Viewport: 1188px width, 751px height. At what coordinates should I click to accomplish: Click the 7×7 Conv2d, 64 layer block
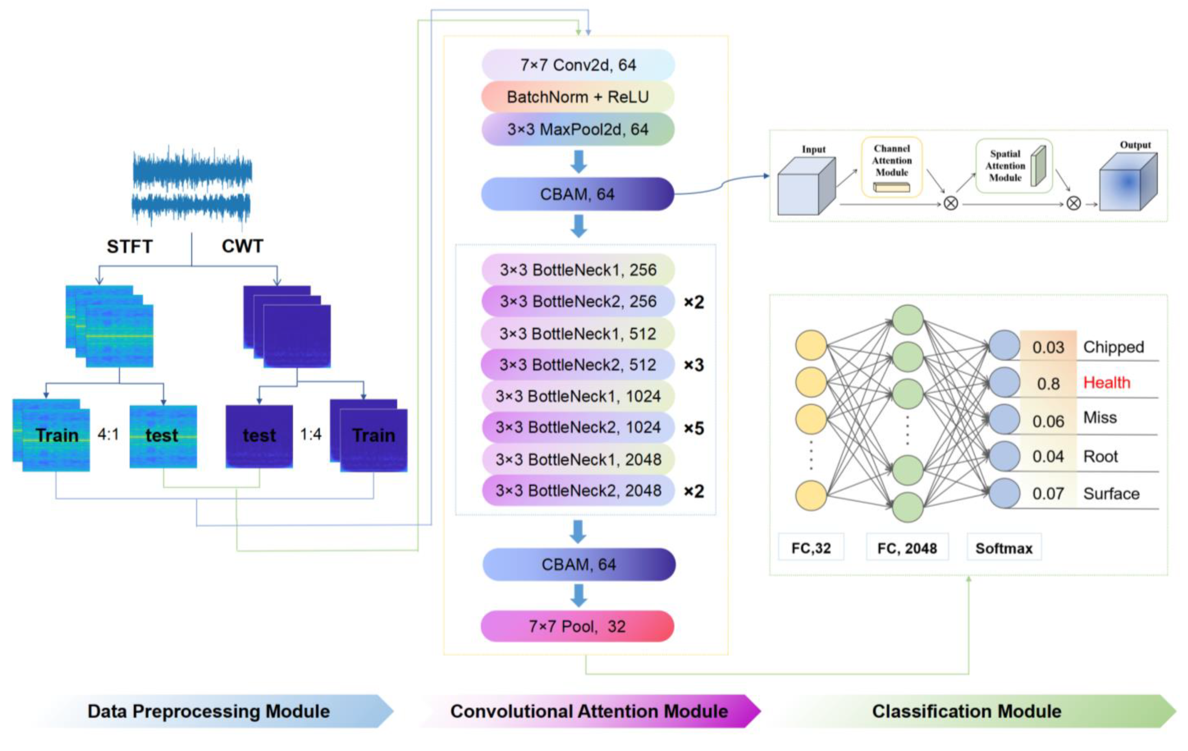[x=578, y=65]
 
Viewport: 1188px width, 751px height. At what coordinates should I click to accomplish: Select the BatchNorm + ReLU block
[x=578, y=97]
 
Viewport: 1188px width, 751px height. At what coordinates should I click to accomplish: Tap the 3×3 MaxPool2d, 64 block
[x=578, y=129]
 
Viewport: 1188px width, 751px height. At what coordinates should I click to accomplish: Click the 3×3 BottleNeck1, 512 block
[x=578, y=333]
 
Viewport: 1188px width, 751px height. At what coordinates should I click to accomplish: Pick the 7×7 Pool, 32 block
[x=577, y=626]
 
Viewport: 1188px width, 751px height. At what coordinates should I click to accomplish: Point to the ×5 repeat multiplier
[x=694, y=428]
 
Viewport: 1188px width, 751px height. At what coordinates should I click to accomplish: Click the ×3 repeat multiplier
[x=694, y=365]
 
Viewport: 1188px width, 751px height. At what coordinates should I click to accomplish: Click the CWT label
[x=242, y=246]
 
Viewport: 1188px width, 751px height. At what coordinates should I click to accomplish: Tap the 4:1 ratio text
[x=108, y=434]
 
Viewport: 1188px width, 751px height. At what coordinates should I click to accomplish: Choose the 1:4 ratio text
[x=311, y=434]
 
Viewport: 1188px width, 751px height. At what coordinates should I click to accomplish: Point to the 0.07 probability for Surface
[x=1048, y=493]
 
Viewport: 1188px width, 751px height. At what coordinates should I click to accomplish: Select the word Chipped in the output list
[x=1113, y=347]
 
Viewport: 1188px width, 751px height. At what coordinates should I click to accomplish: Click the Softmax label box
[x=1003, y=548]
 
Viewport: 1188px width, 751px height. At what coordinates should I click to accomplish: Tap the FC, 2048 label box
[x=907, y=548]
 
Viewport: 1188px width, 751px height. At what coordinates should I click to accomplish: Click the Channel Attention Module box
[x=891, y=167]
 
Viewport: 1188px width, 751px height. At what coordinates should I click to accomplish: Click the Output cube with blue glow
[x=1128, y=182]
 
